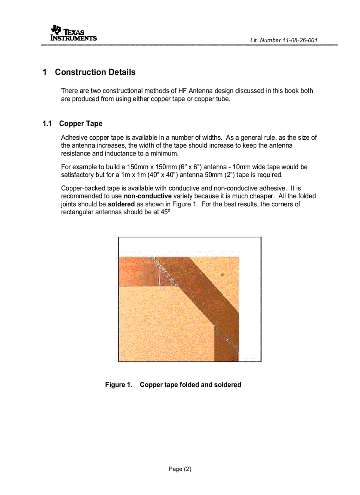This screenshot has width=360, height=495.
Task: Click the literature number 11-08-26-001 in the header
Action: click(x=300, y=40)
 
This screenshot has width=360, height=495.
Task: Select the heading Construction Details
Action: click(x=95, y=72)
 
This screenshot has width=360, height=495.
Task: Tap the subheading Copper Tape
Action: click(x=81, y=123)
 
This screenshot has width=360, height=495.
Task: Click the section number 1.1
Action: click(x=47, y=123)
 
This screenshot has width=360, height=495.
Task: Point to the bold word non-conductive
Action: click(x=147, y=196)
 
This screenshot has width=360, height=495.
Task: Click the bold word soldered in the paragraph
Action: click(x=121, y=205)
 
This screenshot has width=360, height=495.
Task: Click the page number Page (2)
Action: click(x=180, y=469)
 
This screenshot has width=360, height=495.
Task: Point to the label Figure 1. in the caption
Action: click(x=118, y=385)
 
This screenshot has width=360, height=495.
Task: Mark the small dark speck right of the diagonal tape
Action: click(x=223, y=275)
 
